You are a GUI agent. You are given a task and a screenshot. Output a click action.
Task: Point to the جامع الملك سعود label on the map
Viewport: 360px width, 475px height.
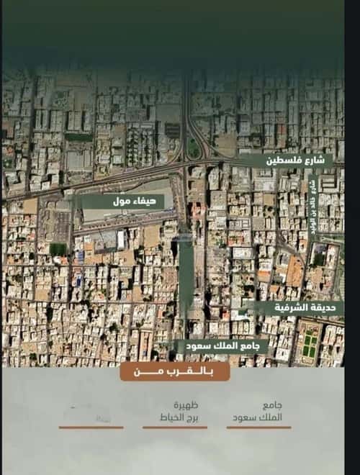click(x=222, y=346)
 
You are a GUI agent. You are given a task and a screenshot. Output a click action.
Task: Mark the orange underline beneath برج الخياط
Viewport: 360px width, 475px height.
click(x=175, y=427)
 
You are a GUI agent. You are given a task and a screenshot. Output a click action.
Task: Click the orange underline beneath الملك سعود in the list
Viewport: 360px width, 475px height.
click(x=258, y=427)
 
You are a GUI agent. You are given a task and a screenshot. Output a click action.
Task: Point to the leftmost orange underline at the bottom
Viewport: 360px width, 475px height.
click(x=91, y=427)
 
